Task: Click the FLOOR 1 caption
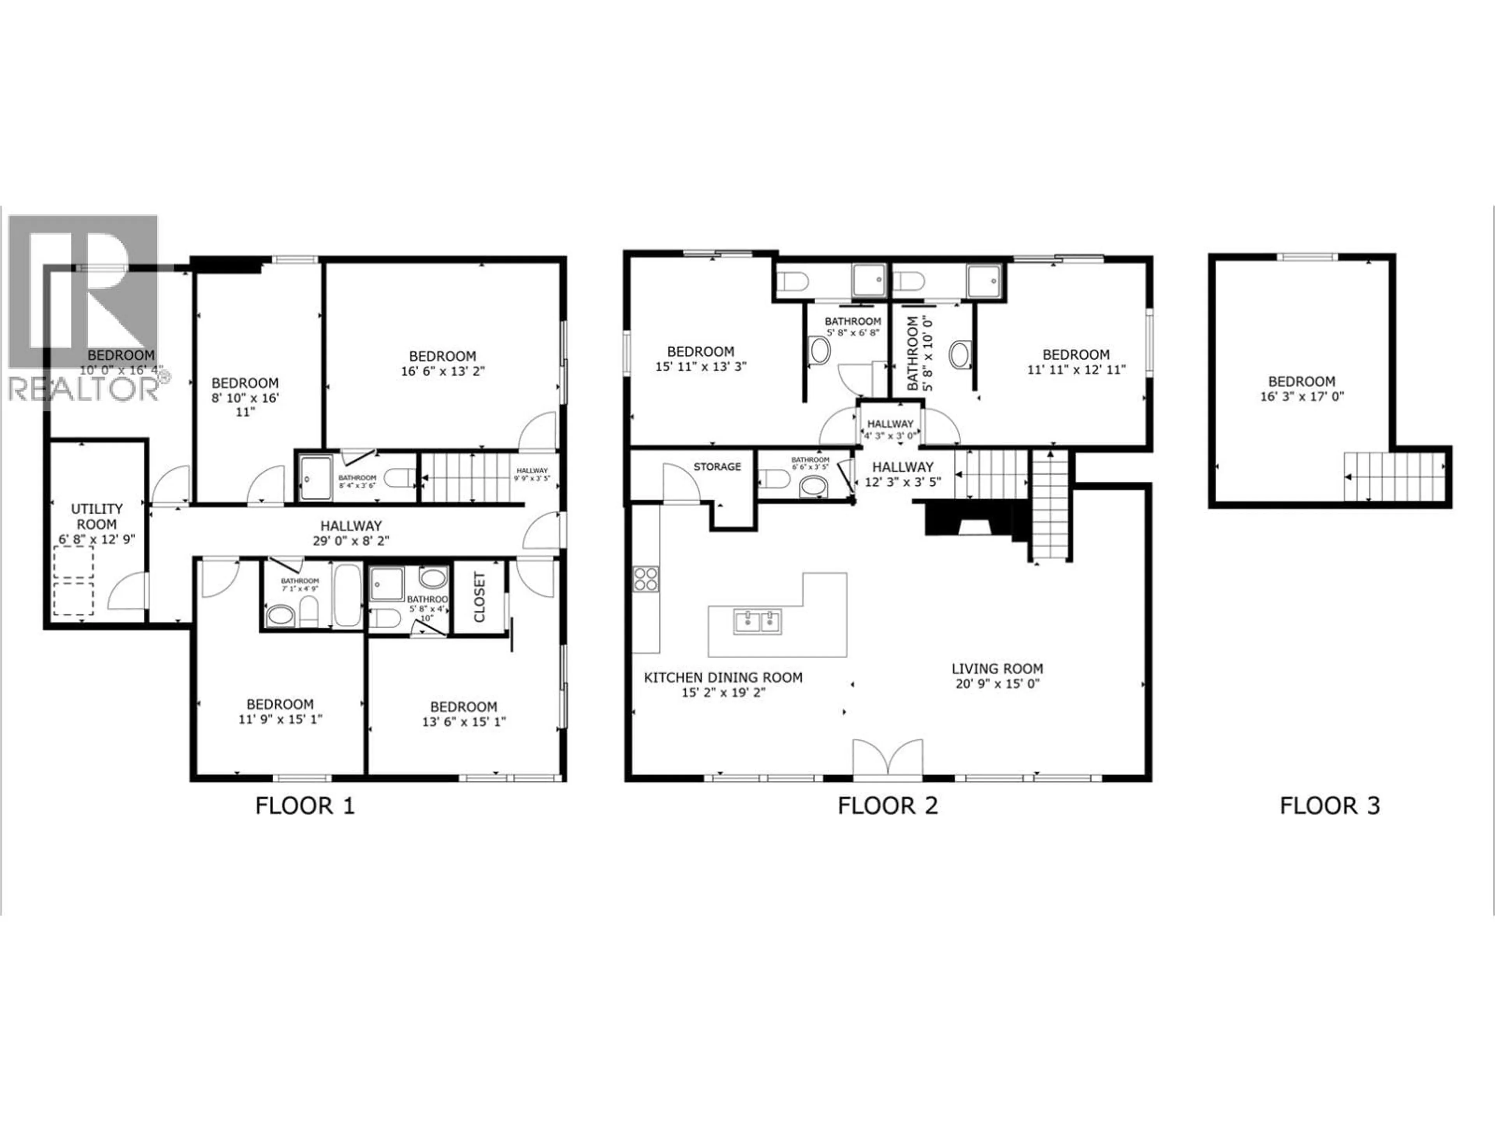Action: pyautogui.click(x=305, y=806)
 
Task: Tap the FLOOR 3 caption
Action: pyautogui.click(x=1330, y=806)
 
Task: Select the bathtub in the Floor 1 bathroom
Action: pyautogui.click(x=348, y=595)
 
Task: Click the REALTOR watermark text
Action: pyautogui.click(x=84, y=390)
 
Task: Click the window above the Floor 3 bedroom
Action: pyautogui.click(x=1307, y=257)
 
